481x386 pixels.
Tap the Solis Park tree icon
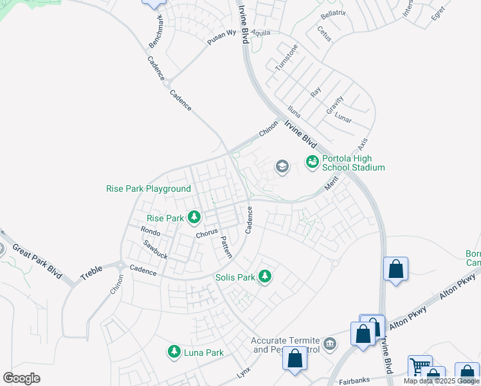[264, 277]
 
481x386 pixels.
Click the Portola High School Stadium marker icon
[312, 161]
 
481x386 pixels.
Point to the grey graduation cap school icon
[281, 167]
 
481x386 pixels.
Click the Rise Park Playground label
[149, 188]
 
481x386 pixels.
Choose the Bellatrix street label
[332, 13]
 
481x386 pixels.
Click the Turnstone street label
[286, 57]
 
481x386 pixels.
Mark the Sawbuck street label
[155, 250]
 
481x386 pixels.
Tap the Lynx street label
[243, 372]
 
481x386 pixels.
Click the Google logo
[21, 378]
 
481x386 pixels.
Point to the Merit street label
[331, 184]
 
